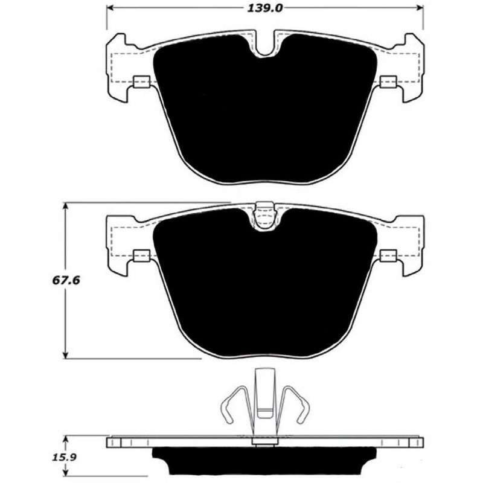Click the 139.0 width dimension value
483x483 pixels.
[264, 7]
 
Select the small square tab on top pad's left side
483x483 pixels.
[141, 82]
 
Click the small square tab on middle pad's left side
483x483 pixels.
[141, 256]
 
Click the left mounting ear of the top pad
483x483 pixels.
[119, 66]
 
